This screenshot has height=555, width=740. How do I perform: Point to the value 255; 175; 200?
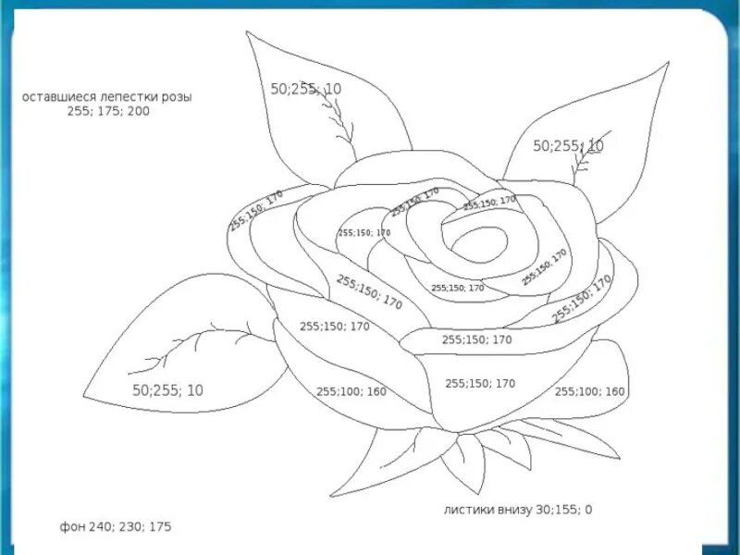coord(107,111)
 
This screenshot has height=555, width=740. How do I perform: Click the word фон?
coord(72,526)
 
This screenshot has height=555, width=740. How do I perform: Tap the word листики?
coord(470,509)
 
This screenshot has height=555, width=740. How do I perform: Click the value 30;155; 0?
coord(564,509)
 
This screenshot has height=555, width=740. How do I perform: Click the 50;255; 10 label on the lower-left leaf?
coord(167,390)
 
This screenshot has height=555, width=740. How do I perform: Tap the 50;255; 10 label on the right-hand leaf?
coord(568,146)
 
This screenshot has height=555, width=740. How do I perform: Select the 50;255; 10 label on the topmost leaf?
coord(306,89)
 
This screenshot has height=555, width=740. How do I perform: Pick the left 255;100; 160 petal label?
coord(351,391)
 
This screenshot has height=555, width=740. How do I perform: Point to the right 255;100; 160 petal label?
coord(589,391)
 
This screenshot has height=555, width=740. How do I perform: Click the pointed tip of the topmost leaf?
coord(247,32)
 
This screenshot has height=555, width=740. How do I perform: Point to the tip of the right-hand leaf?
coord(668,65)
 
